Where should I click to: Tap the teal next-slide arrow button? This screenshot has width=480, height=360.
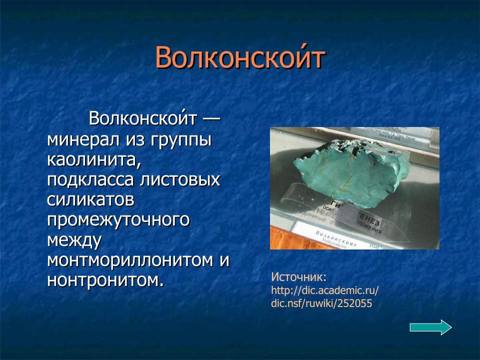[x=430, y=327]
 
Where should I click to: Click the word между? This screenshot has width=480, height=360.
[x=74, y=240]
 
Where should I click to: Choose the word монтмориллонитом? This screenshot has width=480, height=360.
[x=131, y=260]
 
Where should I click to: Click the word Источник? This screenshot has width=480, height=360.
[x=298, y=277]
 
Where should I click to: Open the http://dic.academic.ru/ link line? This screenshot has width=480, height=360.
[x=325, y=290]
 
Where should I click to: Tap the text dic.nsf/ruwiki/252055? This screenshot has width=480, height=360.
[x=321, y=303]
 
